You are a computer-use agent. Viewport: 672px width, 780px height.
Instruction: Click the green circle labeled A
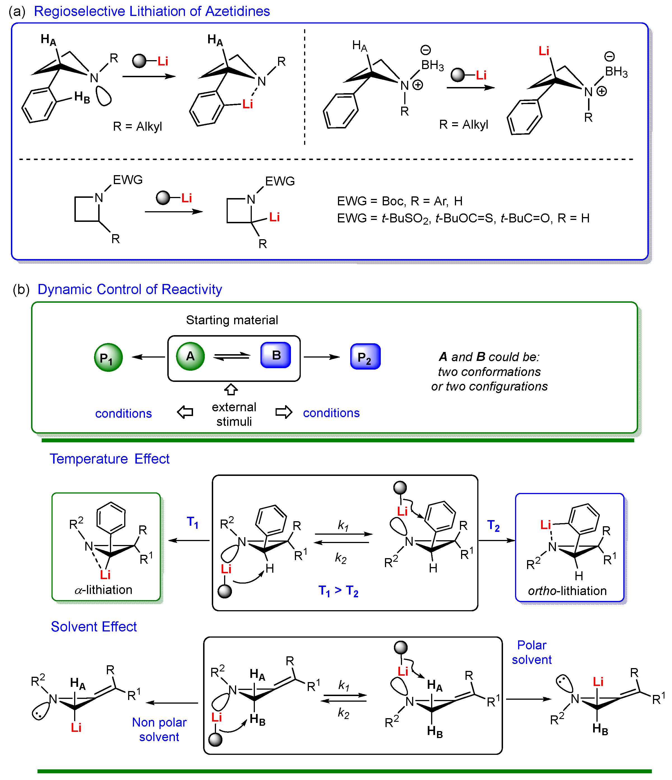(x=191, y=356)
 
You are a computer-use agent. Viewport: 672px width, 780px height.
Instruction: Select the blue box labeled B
(x=276, y=355)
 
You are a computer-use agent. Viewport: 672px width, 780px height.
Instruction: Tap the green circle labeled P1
(x=109, y=358)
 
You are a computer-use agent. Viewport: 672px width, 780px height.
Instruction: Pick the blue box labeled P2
(x=365, y=356)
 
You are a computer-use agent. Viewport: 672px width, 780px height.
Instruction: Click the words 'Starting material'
(x=232, y=320)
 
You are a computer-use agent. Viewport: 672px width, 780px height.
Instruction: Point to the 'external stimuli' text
(x=234, y=414)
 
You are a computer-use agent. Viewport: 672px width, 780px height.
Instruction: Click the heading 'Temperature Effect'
(x=110, y=459)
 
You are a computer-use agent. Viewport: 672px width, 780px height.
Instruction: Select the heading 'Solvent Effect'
(x=94, y=626)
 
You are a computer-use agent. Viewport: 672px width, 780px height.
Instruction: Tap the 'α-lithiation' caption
(x=104, y=589)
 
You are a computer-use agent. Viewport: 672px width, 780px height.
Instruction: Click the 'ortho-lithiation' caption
(x=567, y=591)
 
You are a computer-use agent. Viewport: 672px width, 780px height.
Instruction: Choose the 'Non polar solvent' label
(x=159, y=729)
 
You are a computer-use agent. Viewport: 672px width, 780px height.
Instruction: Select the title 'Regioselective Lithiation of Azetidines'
(x=152, y=11)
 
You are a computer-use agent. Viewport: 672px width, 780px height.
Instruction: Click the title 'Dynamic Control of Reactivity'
(x=130, y=289)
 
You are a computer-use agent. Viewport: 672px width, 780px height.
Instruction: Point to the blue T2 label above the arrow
(x=493, y=525)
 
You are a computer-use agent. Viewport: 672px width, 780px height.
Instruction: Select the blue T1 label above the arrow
(x=192, y=522)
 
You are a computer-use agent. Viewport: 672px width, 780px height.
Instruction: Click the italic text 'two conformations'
(x=489, y=372)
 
